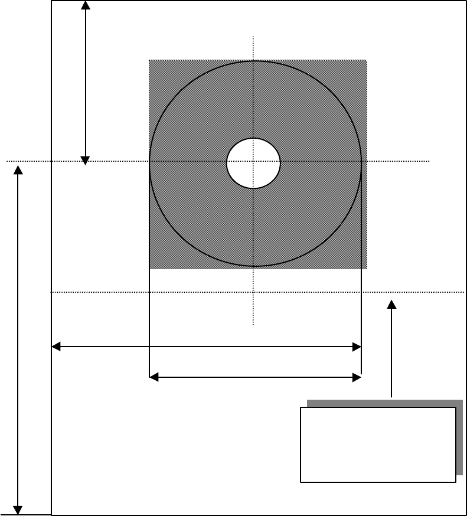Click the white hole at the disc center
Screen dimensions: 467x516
tap(253, 164)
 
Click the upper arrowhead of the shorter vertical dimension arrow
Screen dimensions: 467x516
tap(86, 5)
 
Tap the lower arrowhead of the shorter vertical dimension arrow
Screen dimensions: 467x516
tap(86, 160)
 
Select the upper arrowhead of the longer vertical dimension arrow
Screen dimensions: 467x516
tap(18, 171)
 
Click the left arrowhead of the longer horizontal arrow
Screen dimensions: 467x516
tap(57, 347)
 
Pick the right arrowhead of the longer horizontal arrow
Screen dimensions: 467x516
tap(357, 347)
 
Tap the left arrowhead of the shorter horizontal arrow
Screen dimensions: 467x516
tap(154, 377)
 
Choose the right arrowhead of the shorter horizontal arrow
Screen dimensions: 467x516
tap(357, 377)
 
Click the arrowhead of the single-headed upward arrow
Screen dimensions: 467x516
tap(391, 304)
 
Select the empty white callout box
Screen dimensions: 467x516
tap(378, 445)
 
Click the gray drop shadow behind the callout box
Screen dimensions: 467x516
tap(459, 437)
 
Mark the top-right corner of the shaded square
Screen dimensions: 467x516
tap(367, 60)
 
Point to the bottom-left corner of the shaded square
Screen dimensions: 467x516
tap(149, 269)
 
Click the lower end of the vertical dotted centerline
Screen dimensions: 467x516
tap(253, 324)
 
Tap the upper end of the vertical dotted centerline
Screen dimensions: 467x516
tap(253, 37)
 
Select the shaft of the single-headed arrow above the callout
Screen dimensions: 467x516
tap(391, 354)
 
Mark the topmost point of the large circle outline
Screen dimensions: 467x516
tap(254, 61)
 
